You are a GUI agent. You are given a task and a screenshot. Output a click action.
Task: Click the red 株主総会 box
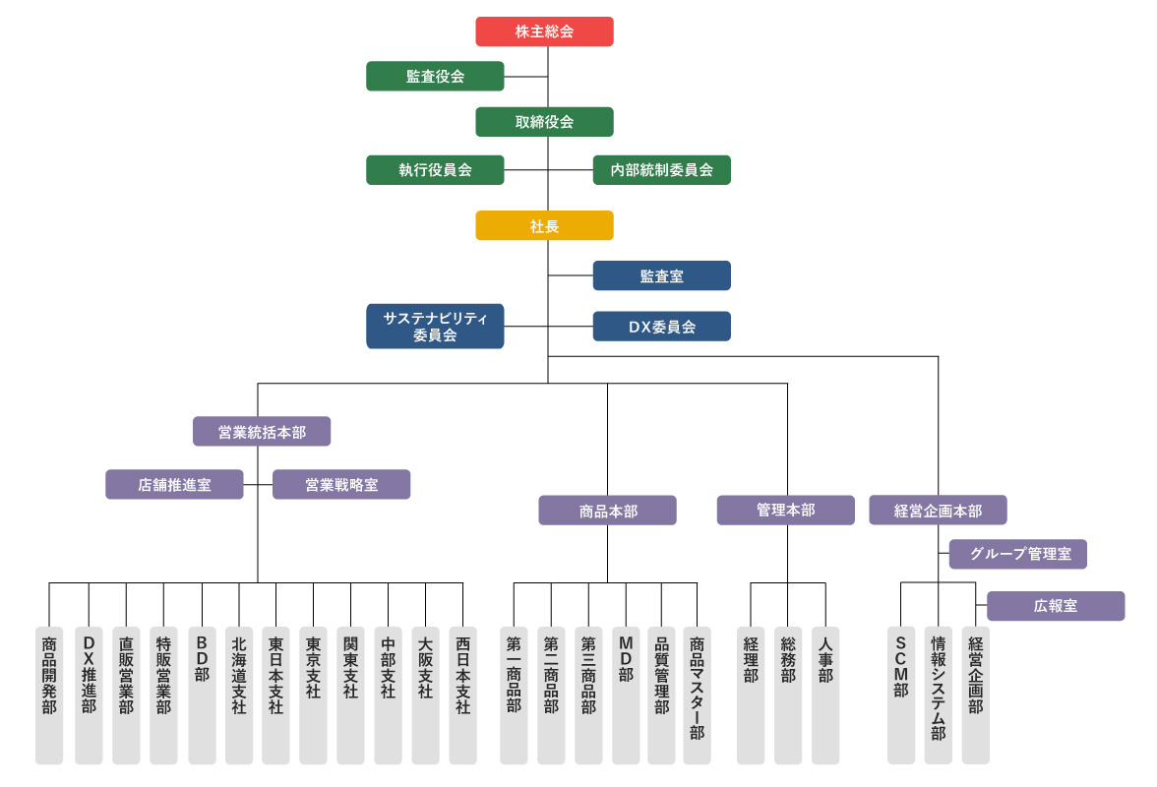click(x=544, y=31)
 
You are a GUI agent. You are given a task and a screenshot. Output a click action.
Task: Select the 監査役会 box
click(x=435, y=76)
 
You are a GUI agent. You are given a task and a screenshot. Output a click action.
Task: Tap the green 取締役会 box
click(x=544, y=122)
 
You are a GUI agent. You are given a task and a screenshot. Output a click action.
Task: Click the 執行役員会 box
click(x=435, y=169)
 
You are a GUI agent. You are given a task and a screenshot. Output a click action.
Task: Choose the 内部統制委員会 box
click(x=661, y=169)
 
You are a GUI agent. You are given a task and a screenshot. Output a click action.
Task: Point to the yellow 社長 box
click(x=544, y=225)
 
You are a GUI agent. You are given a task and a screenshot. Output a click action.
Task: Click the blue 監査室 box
click(x=661, y=275)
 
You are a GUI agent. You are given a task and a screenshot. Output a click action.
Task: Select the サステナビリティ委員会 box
click(x=435, y=326)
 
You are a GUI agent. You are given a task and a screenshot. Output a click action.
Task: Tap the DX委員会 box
click(x=661, y=327)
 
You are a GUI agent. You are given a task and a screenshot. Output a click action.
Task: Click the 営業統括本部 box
click(x=262, y=431)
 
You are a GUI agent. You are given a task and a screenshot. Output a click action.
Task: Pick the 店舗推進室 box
click(x=174, y=484)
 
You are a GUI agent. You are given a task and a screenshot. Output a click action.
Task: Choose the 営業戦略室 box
click(x=341, y=484)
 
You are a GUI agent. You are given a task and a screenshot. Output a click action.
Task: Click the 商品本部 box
click(x=607, y=511)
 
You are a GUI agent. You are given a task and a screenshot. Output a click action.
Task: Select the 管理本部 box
click(x=785, y=511)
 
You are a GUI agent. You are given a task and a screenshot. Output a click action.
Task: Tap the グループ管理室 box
click(x=1018, y=554)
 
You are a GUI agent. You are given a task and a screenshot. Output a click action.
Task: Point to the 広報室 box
click(x=1056, y=606)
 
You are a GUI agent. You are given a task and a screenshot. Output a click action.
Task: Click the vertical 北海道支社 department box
click(x=239, y=695)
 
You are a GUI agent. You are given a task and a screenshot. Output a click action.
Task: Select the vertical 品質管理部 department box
click(x=660, y=695)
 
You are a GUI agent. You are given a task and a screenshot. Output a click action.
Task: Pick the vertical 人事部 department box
click(x=825, y=695)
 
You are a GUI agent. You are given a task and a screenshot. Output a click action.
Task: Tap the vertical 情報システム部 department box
click(x=938, y=695)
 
